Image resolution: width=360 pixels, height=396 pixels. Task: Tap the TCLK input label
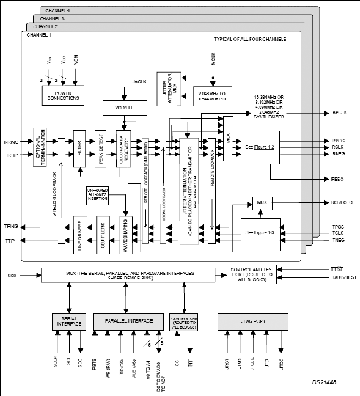[337, 234]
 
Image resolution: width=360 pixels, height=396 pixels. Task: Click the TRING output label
[10, 227]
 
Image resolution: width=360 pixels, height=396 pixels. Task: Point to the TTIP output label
[10, 240]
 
